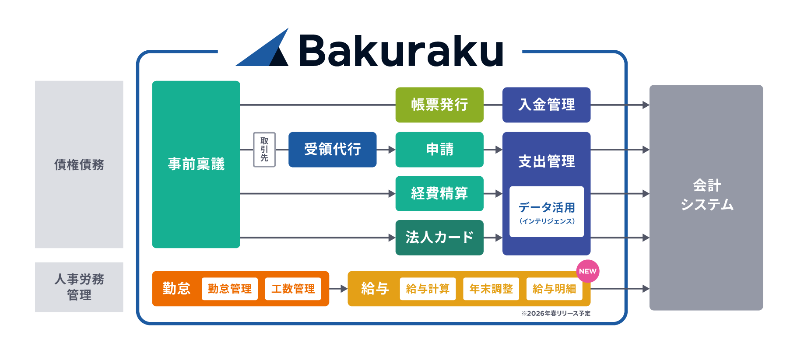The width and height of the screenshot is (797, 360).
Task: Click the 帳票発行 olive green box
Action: (439, 105)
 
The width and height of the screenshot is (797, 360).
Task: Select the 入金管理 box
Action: (546, 105)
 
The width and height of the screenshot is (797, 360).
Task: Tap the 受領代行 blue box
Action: (332, 150)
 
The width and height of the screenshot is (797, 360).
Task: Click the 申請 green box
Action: (439, 150)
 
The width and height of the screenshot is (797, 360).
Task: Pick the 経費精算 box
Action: (439, 193)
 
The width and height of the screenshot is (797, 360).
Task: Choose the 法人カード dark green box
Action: (439, 238)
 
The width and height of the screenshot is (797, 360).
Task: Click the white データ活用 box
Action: (546, 212)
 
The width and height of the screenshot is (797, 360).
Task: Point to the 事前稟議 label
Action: (196, 164)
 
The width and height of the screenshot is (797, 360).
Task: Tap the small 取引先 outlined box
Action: (264, 150)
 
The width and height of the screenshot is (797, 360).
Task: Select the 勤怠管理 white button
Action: (229, 289)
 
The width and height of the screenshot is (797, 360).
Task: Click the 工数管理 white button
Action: (293, 289)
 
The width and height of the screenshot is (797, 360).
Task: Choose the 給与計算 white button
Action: (428, 289)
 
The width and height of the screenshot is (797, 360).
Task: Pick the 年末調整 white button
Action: (491, 289)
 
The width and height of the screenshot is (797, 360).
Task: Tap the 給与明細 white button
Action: (554, 289)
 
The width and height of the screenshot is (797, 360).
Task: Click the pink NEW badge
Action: (587, 271)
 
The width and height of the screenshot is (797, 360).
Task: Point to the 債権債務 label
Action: (79, 164)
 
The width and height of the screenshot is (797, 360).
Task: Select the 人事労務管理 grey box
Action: (79, 287)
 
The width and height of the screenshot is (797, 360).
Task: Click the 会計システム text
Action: (706, 195)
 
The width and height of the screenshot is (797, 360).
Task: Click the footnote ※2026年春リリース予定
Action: (555, 313)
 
